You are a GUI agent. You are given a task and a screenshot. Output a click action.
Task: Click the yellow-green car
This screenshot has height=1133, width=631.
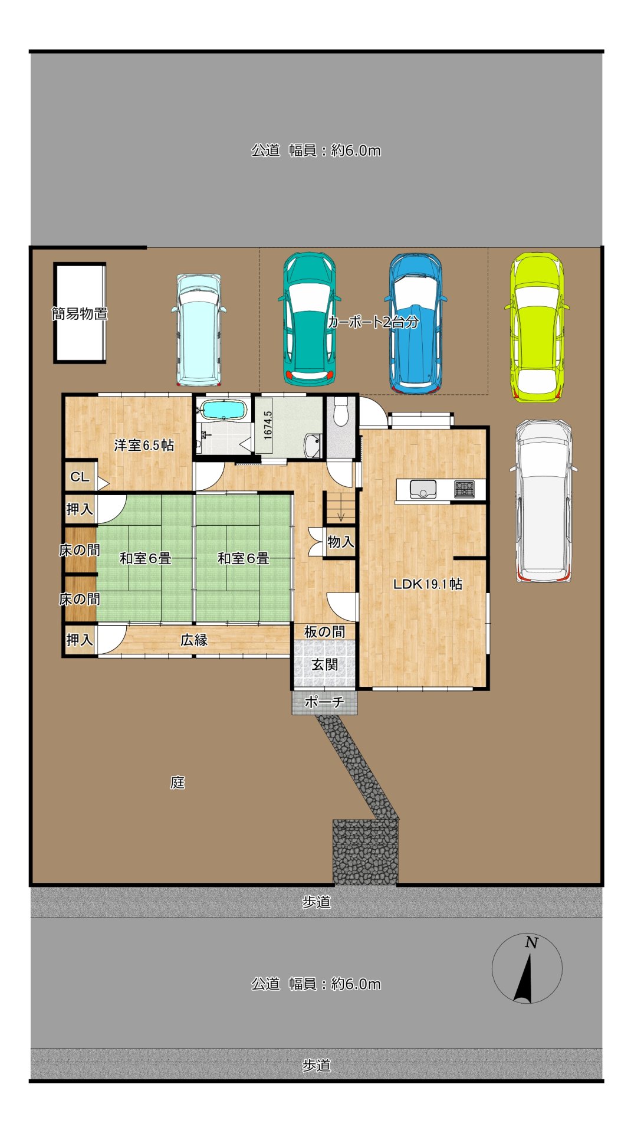[537, 328]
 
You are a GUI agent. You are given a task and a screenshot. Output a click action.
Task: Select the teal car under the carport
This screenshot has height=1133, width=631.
[309, 319]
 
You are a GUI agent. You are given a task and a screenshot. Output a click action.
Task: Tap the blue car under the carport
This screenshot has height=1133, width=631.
[416, 323]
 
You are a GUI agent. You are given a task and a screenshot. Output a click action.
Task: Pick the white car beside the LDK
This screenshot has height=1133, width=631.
[544, 501]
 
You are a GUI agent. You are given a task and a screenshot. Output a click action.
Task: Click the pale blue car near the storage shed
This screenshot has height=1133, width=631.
[200, 330]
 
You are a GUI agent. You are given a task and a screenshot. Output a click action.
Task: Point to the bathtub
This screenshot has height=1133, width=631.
[222, 409]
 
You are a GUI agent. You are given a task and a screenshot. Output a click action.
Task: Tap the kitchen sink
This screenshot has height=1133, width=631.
[423, 489]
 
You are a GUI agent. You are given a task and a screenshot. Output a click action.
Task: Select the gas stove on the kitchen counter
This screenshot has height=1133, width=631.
[464, 489]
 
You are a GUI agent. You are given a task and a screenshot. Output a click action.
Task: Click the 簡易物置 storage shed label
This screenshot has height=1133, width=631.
[80, 314]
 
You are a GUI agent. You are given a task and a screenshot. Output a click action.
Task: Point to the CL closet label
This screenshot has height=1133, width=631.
[80, 477]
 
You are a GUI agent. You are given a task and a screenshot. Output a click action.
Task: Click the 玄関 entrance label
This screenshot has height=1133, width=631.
[324, 664]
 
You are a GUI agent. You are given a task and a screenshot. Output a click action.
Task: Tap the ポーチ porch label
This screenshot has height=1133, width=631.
[324, 702]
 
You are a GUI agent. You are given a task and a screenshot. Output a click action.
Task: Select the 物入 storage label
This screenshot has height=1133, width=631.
[341, 542]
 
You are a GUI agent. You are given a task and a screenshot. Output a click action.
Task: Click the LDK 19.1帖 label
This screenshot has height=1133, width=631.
[428, 584]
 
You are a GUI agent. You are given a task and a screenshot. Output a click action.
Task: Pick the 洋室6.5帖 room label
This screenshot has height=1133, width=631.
[144, 445]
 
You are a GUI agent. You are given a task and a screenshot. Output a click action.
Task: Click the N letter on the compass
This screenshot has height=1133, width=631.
[531, 942]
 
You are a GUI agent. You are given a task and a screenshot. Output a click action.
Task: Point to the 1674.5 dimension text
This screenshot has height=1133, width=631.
[268, 425]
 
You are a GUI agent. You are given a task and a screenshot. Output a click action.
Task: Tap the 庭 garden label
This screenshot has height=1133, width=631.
[178, 782]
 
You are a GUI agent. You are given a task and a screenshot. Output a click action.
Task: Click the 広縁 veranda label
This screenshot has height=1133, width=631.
[194, 640]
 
